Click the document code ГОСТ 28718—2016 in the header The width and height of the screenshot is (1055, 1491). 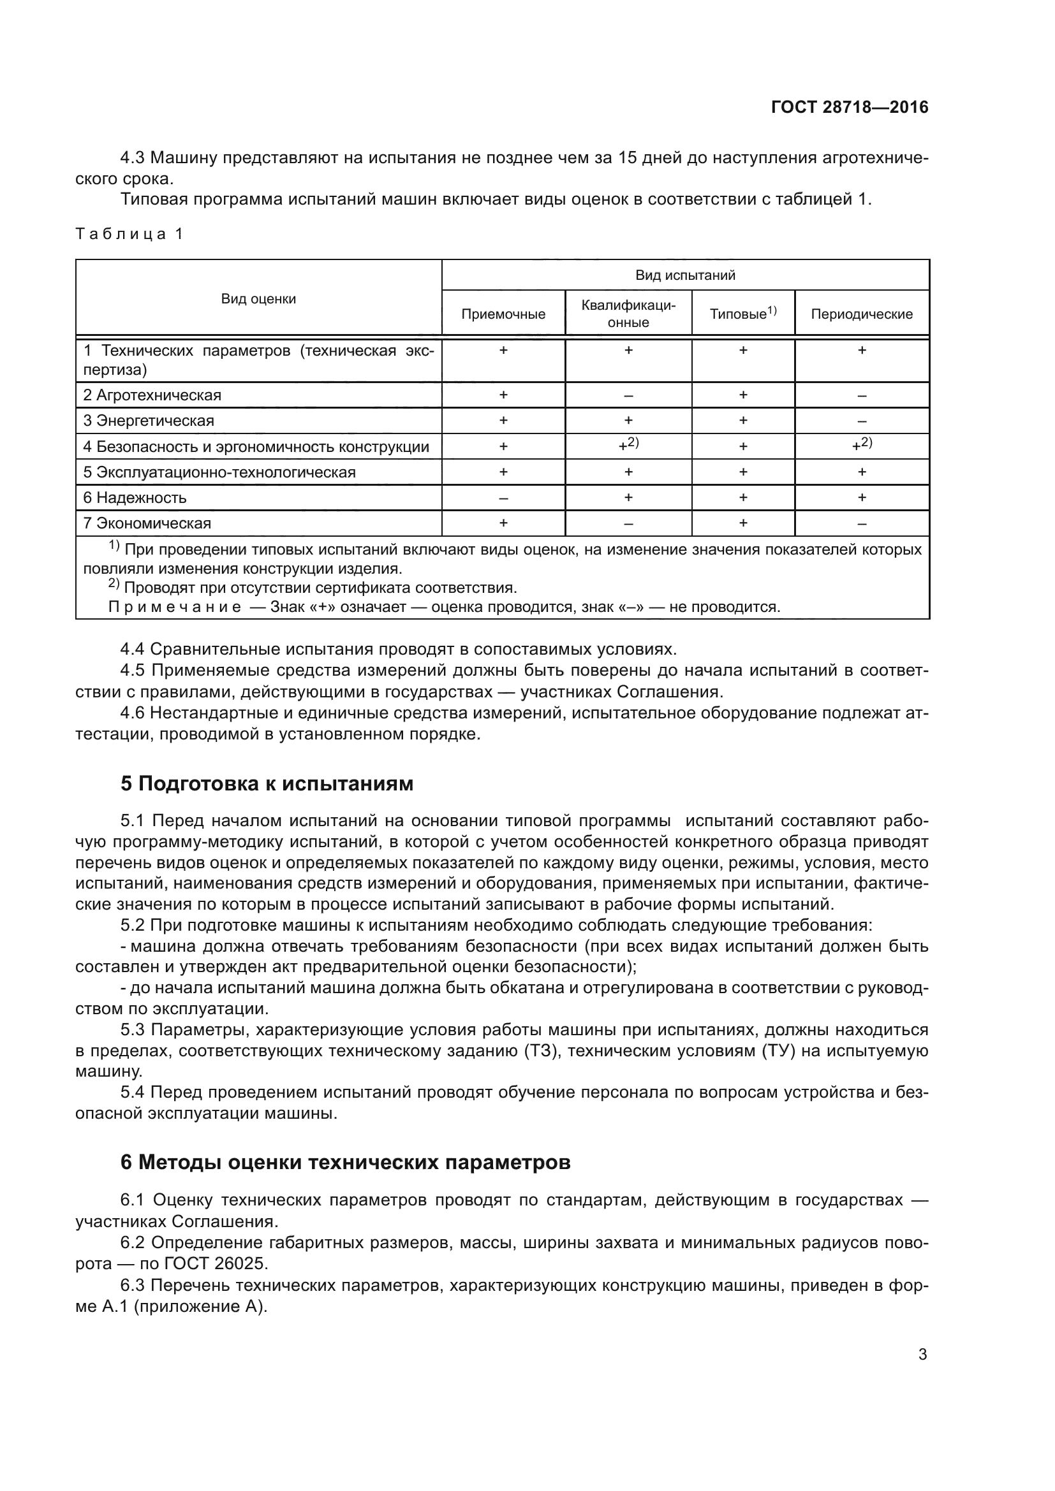coord(849,107)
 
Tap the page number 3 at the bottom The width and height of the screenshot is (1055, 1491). coord(922,1354)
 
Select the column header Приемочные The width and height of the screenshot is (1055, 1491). coord(503,314)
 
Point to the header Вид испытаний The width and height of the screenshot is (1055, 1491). coord(684,275)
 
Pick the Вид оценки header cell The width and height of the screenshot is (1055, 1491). coord(258,299)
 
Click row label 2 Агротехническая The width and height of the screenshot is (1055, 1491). coord(152,395)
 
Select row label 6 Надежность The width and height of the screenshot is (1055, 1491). coord(135,497)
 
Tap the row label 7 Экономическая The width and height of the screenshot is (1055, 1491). coord(147,523)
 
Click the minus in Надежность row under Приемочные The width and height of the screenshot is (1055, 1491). coord(503,498)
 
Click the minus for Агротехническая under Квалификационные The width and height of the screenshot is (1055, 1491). coord(628,395)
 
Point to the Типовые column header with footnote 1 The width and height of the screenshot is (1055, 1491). coord(742,314)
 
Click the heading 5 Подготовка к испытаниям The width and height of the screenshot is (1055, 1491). coord(267,784)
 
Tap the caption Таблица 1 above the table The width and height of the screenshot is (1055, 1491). coord(129,234)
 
